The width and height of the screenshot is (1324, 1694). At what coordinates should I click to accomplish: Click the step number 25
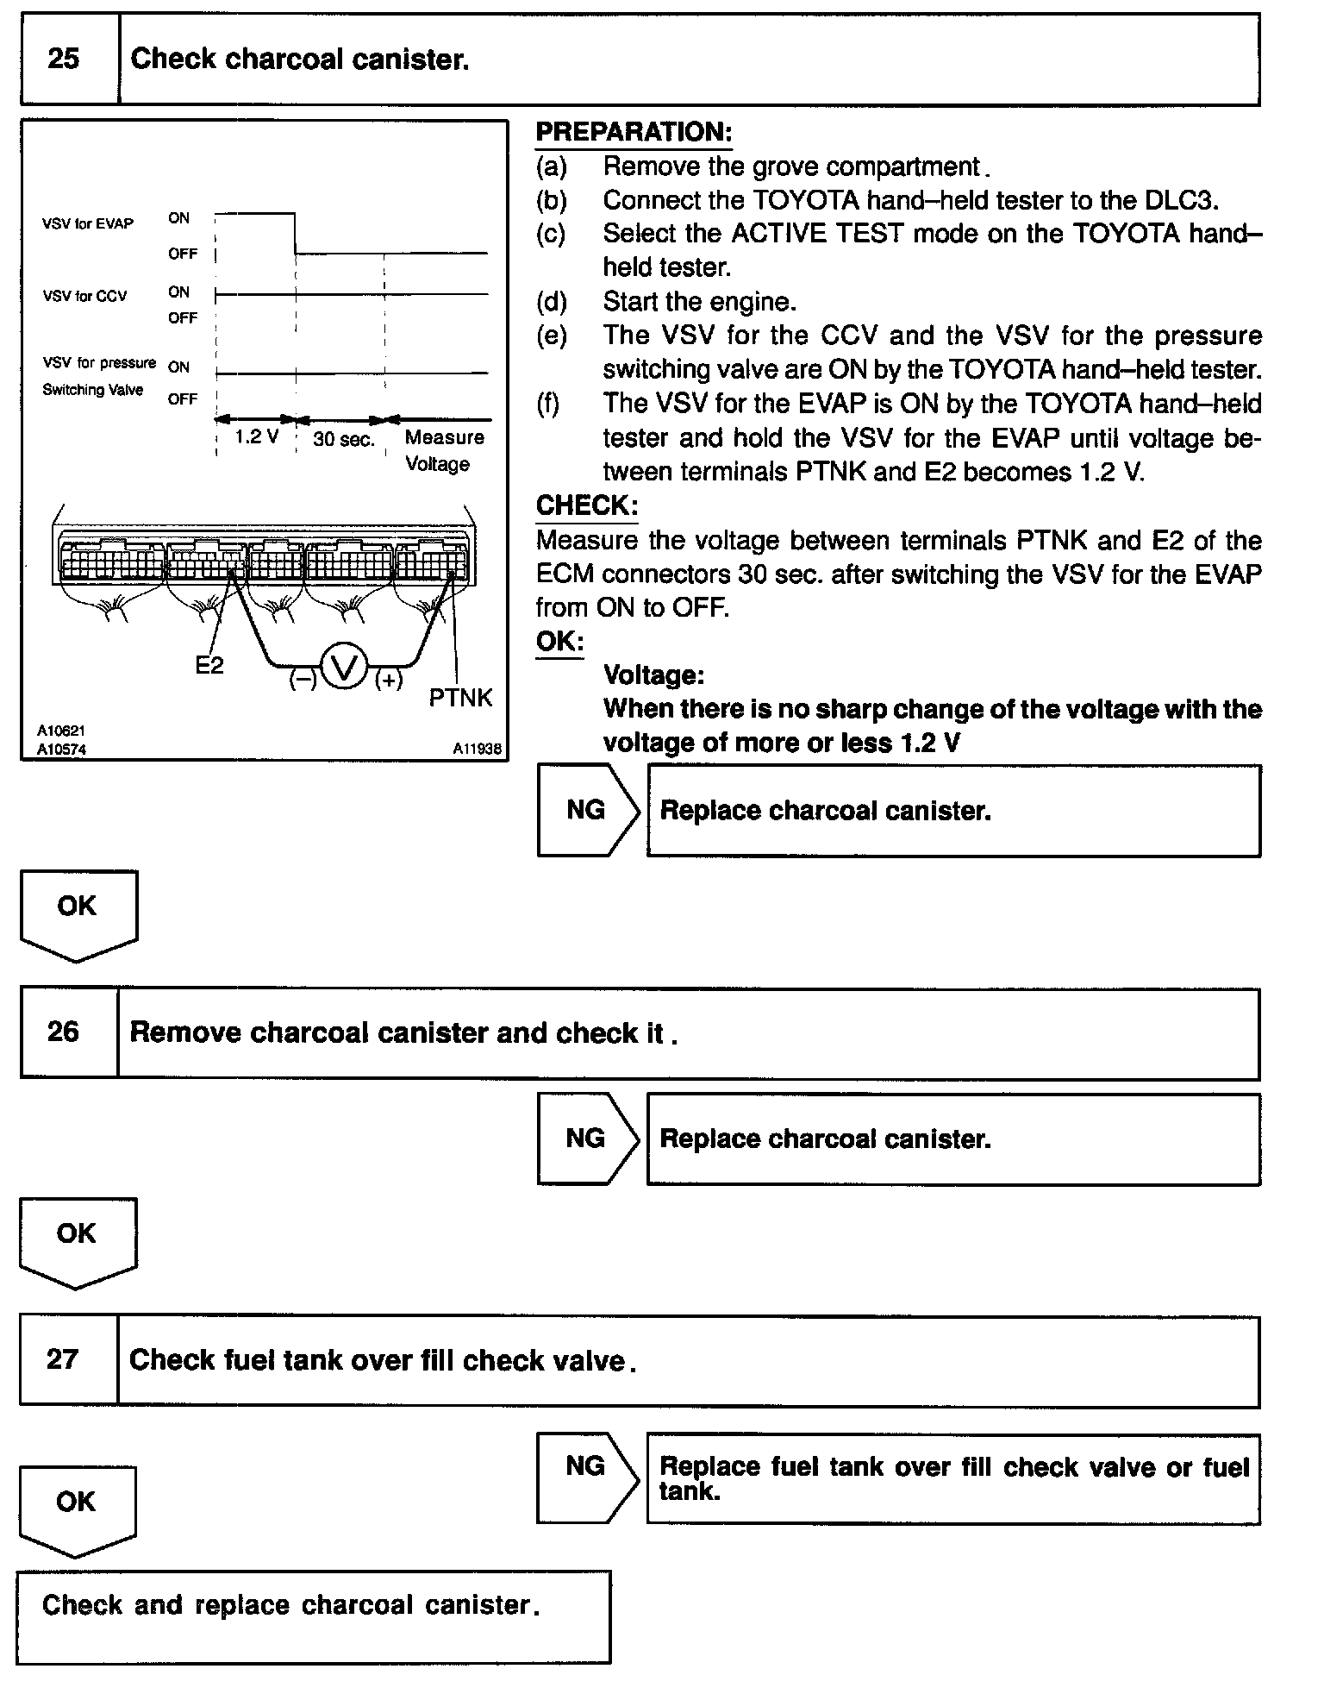pyautogui.click(x=63, y=59)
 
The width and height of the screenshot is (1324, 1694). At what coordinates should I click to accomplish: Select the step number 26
pyautogui.click(x=63, y=1032)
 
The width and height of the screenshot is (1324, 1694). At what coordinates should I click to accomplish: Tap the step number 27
pyautogui.click(x=62, y=1359)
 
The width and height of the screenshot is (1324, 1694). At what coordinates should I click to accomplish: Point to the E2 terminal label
pyautogui.click(x=209, y=665)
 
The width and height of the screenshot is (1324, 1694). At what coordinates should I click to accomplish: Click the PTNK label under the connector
pyautogui.click(x=460, y=698)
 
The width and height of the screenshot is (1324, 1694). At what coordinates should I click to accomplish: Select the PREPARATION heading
pyautogui.click(x=634, y=132)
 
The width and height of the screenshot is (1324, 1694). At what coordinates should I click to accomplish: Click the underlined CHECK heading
pyautogui.click(x=586, y=505)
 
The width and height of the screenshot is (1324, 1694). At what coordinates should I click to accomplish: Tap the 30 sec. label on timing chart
pyautogui.click(x=344, y=439)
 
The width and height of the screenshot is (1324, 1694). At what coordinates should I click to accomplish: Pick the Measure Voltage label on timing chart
pyautogui.click(x=443, y=450)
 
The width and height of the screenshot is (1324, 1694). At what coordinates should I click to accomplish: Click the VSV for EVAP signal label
pyautogui.click(x=88, y=224)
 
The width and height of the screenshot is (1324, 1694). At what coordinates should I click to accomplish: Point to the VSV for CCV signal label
pyautogui.click(x=84, y=297)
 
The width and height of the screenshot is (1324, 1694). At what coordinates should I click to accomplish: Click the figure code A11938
pyautogui.click(x=477, y=749)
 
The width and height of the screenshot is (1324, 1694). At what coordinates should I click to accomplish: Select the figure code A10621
pyautogui.click(x=61, y=731)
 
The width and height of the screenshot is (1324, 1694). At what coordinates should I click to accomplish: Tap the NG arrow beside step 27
pyautogui.click(x=586, y=1478)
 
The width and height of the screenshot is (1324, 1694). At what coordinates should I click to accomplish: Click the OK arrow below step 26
pyautogui.click(x=77, y=1239)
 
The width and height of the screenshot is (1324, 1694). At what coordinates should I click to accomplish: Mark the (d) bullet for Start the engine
pyautogui.click(x=552, y=302)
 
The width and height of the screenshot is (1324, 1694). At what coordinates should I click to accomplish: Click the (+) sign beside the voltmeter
pyautogui.click(x=389, y=681)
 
